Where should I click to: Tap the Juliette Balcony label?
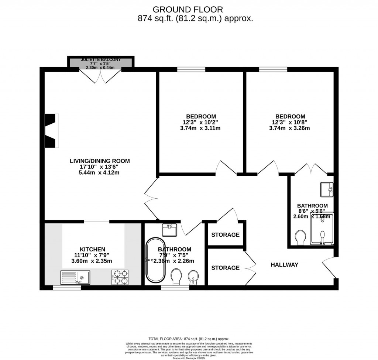[101, 59]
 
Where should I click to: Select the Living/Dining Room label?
[100, 161]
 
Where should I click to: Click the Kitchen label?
[93, 249]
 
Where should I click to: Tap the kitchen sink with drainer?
[75, 277]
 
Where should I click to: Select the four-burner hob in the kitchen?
[120, 277]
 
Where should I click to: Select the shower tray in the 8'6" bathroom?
[322, 229]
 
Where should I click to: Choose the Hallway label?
[284, 265]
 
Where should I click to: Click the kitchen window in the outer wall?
[67, 287]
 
